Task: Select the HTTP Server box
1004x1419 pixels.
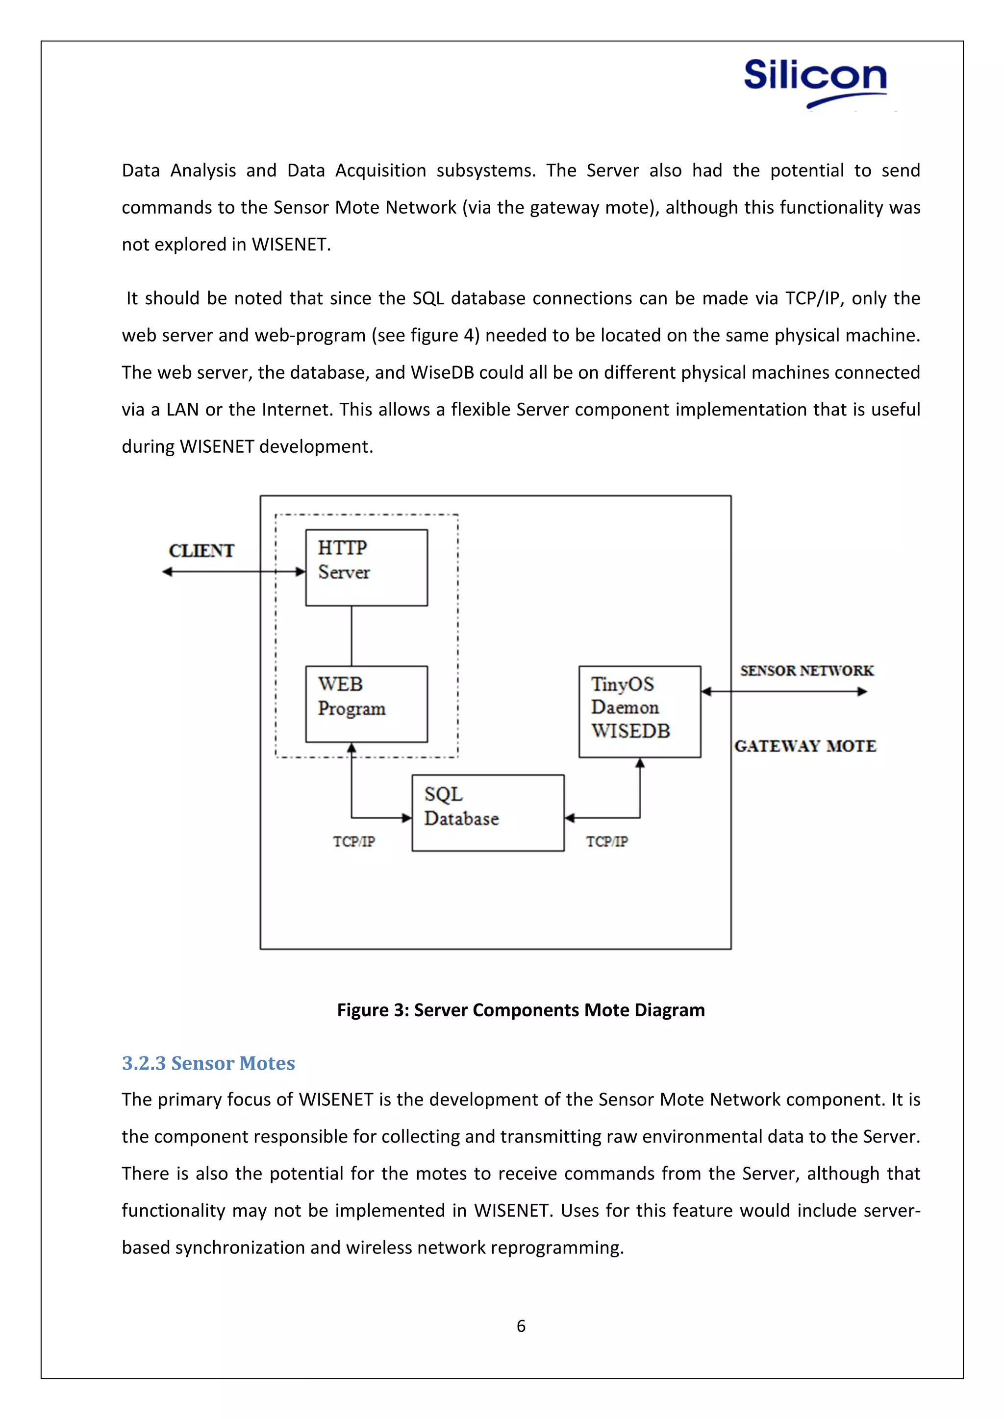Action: [366, 567]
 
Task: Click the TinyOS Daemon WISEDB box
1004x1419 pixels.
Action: [639, 711]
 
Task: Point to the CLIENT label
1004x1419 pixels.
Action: [201, 550]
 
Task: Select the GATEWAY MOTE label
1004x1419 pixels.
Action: [805, 746]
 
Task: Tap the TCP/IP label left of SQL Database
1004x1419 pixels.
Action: [353, 841]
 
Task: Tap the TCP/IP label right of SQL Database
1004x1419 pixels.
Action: [606, 841]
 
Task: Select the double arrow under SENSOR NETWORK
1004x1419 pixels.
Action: [784, 691]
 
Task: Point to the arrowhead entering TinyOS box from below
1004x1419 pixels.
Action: [640, 764]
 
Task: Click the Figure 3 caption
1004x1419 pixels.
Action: [521, 1010]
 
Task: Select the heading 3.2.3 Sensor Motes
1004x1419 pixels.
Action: [208, 1063]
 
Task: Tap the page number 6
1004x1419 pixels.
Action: [521, 1326]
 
